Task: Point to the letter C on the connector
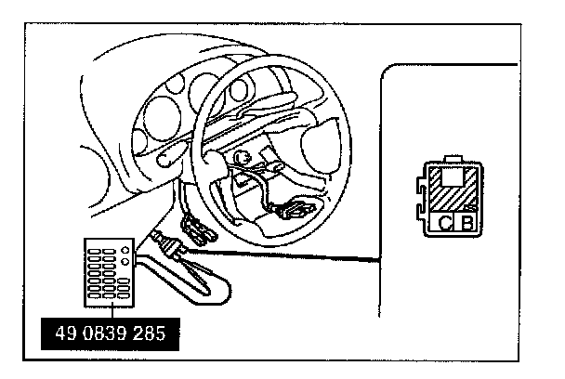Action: coord(446,222)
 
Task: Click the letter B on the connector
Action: coord(468,222)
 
